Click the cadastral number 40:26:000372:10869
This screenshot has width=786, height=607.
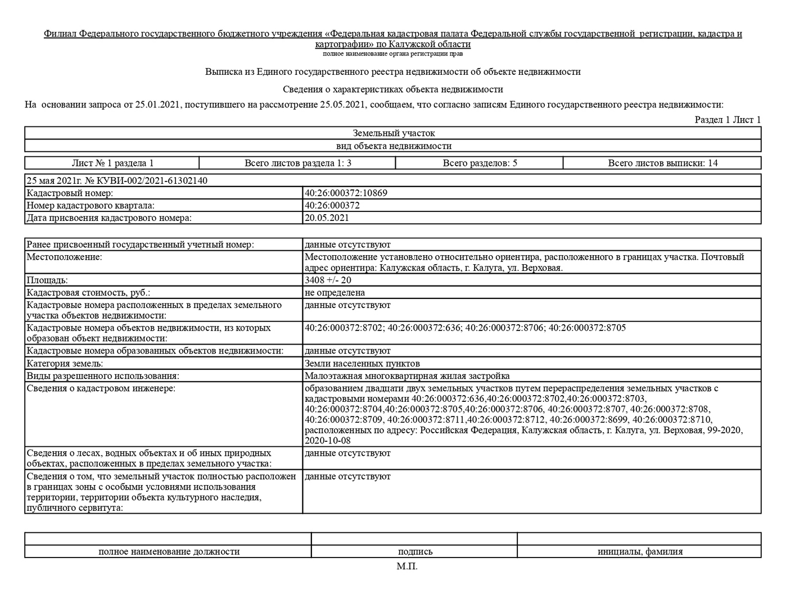346,193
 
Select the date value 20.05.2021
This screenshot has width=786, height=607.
327,218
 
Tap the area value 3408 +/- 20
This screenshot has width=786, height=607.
328,280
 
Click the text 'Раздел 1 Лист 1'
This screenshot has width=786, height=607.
728,119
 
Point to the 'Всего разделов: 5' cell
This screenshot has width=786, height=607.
480,163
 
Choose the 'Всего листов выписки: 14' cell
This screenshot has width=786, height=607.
662,163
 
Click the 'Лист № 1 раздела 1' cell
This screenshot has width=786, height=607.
112,163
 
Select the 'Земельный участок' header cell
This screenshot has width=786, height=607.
394,133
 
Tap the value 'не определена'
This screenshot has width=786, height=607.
335,292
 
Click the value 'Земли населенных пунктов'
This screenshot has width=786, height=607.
362,363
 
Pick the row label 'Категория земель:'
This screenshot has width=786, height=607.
65,363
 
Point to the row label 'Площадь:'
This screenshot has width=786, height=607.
47,280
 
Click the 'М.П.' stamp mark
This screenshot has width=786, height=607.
407,566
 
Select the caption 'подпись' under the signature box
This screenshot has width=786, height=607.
415,551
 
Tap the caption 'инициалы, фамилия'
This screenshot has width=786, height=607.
640,551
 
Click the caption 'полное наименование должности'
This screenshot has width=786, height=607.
169,551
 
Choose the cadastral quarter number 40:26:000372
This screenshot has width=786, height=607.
332,205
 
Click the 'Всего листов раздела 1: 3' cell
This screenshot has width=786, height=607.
298,163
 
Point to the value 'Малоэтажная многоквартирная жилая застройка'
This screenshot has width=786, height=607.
407,375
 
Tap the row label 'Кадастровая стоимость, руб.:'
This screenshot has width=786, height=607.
88,292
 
